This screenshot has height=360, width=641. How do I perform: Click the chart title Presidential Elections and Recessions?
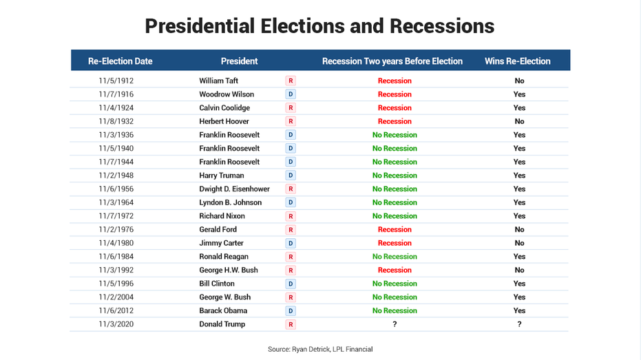tap(319, 26)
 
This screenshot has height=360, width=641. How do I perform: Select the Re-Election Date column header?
tap(120, 61)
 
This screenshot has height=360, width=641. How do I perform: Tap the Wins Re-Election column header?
tap(517, 61)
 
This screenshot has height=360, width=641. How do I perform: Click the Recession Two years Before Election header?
tap(392, 61)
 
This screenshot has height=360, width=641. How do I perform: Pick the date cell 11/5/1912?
tap(116, 81)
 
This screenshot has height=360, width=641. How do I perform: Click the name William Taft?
tap(218, 81)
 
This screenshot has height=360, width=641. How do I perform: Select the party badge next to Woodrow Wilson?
tap(291, 94)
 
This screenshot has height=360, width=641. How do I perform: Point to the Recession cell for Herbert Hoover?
tap(395, 122)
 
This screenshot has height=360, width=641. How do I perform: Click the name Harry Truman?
tap(221, 176)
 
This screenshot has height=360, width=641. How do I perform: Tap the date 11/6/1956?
tap(116, 189)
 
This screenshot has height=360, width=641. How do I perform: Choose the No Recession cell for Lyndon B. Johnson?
tap(395, 203)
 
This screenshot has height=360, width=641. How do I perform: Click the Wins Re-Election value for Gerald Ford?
tap(519, 230)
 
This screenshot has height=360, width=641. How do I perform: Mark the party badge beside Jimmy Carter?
tap(291, 243)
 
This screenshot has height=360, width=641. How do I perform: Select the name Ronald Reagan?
tap(224, 257)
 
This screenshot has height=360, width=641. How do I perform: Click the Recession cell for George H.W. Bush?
tap(395, 271)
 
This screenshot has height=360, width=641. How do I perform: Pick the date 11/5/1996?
tap(116, 284)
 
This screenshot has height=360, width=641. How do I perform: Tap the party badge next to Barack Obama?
tap(291, 310)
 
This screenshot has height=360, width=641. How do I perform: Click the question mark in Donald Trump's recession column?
tap(395, 324)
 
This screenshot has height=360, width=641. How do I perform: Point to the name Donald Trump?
tap(222, 324)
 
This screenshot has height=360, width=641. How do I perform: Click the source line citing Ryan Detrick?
tap(320, 350)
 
